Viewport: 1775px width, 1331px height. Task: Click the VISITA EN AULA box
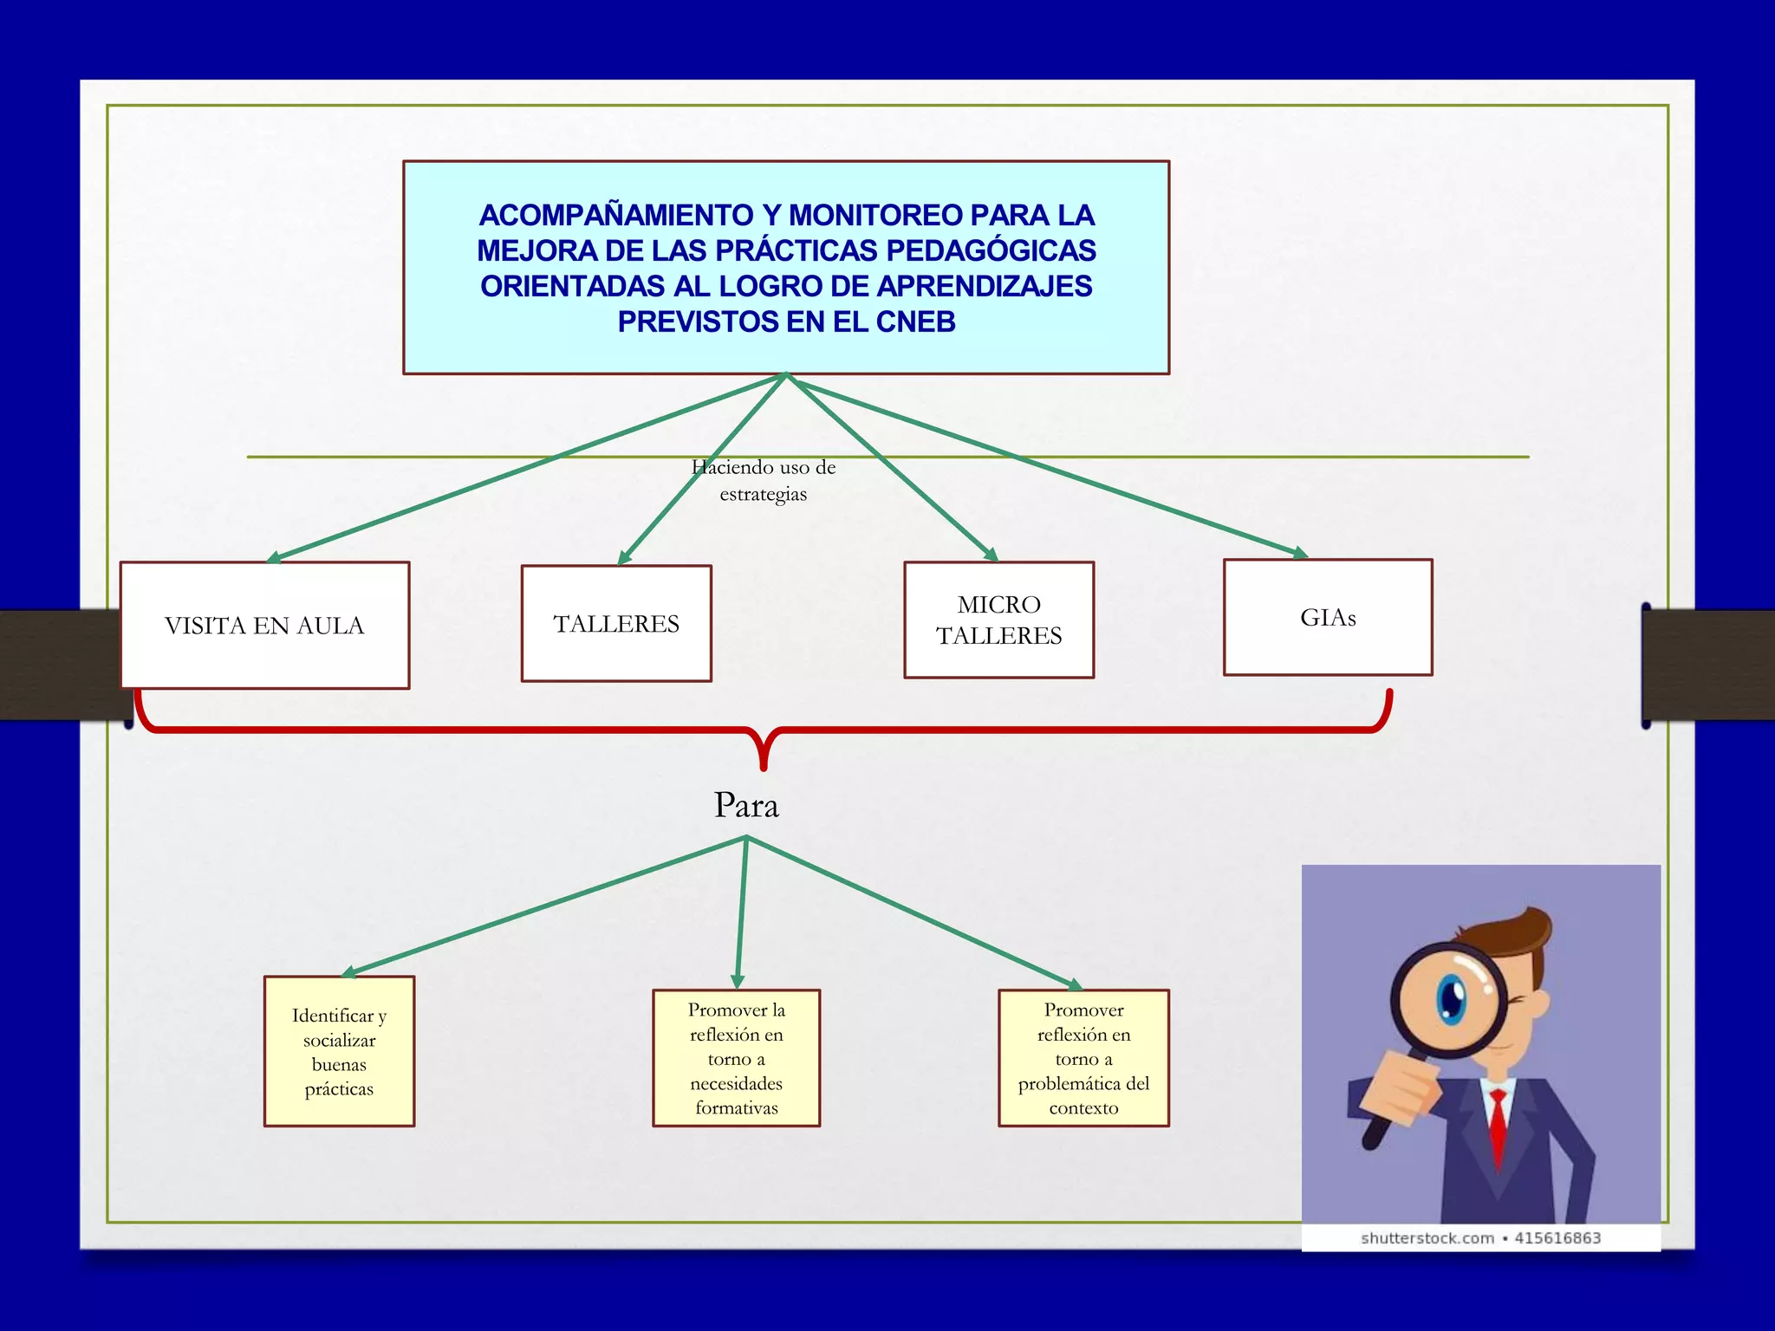coord(264,626)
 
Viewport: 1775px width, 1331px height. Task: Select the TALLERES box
coord(616,624)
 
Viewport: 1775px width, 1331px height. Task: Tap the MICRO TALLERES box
coord(998,620)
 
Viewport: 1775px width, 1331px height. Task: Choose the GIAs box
coord(1328,618)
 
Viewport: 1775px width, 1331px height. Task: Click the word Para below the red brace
coord(746,806)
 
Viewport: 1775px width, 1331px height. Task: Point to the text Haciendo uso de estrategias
coord(764,480)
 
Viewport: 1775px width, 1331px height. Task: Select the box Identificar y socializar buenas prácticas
coord(339,1052)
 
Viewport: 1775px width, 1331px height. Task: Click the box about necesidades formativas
coord(736,1058)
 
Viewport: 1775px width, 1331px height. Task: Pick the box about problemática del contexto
coord(1083,1058)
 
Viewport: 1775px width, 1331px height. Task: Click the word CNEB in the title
coord(915,322)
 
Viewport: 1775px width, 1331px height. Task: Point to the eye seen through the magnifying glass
coord(1449,999)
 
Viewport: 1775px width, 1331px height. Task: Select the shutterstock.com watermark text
coord(1427,1238)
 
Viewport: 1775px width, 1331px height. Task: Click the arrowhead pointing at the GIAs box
coord(1300,553)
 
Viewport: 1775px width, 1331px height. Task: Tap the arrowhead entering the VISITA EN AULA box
coord(274,558)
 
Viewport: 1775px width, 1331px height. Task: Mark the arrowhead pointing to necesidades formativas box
coord(738,982)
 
